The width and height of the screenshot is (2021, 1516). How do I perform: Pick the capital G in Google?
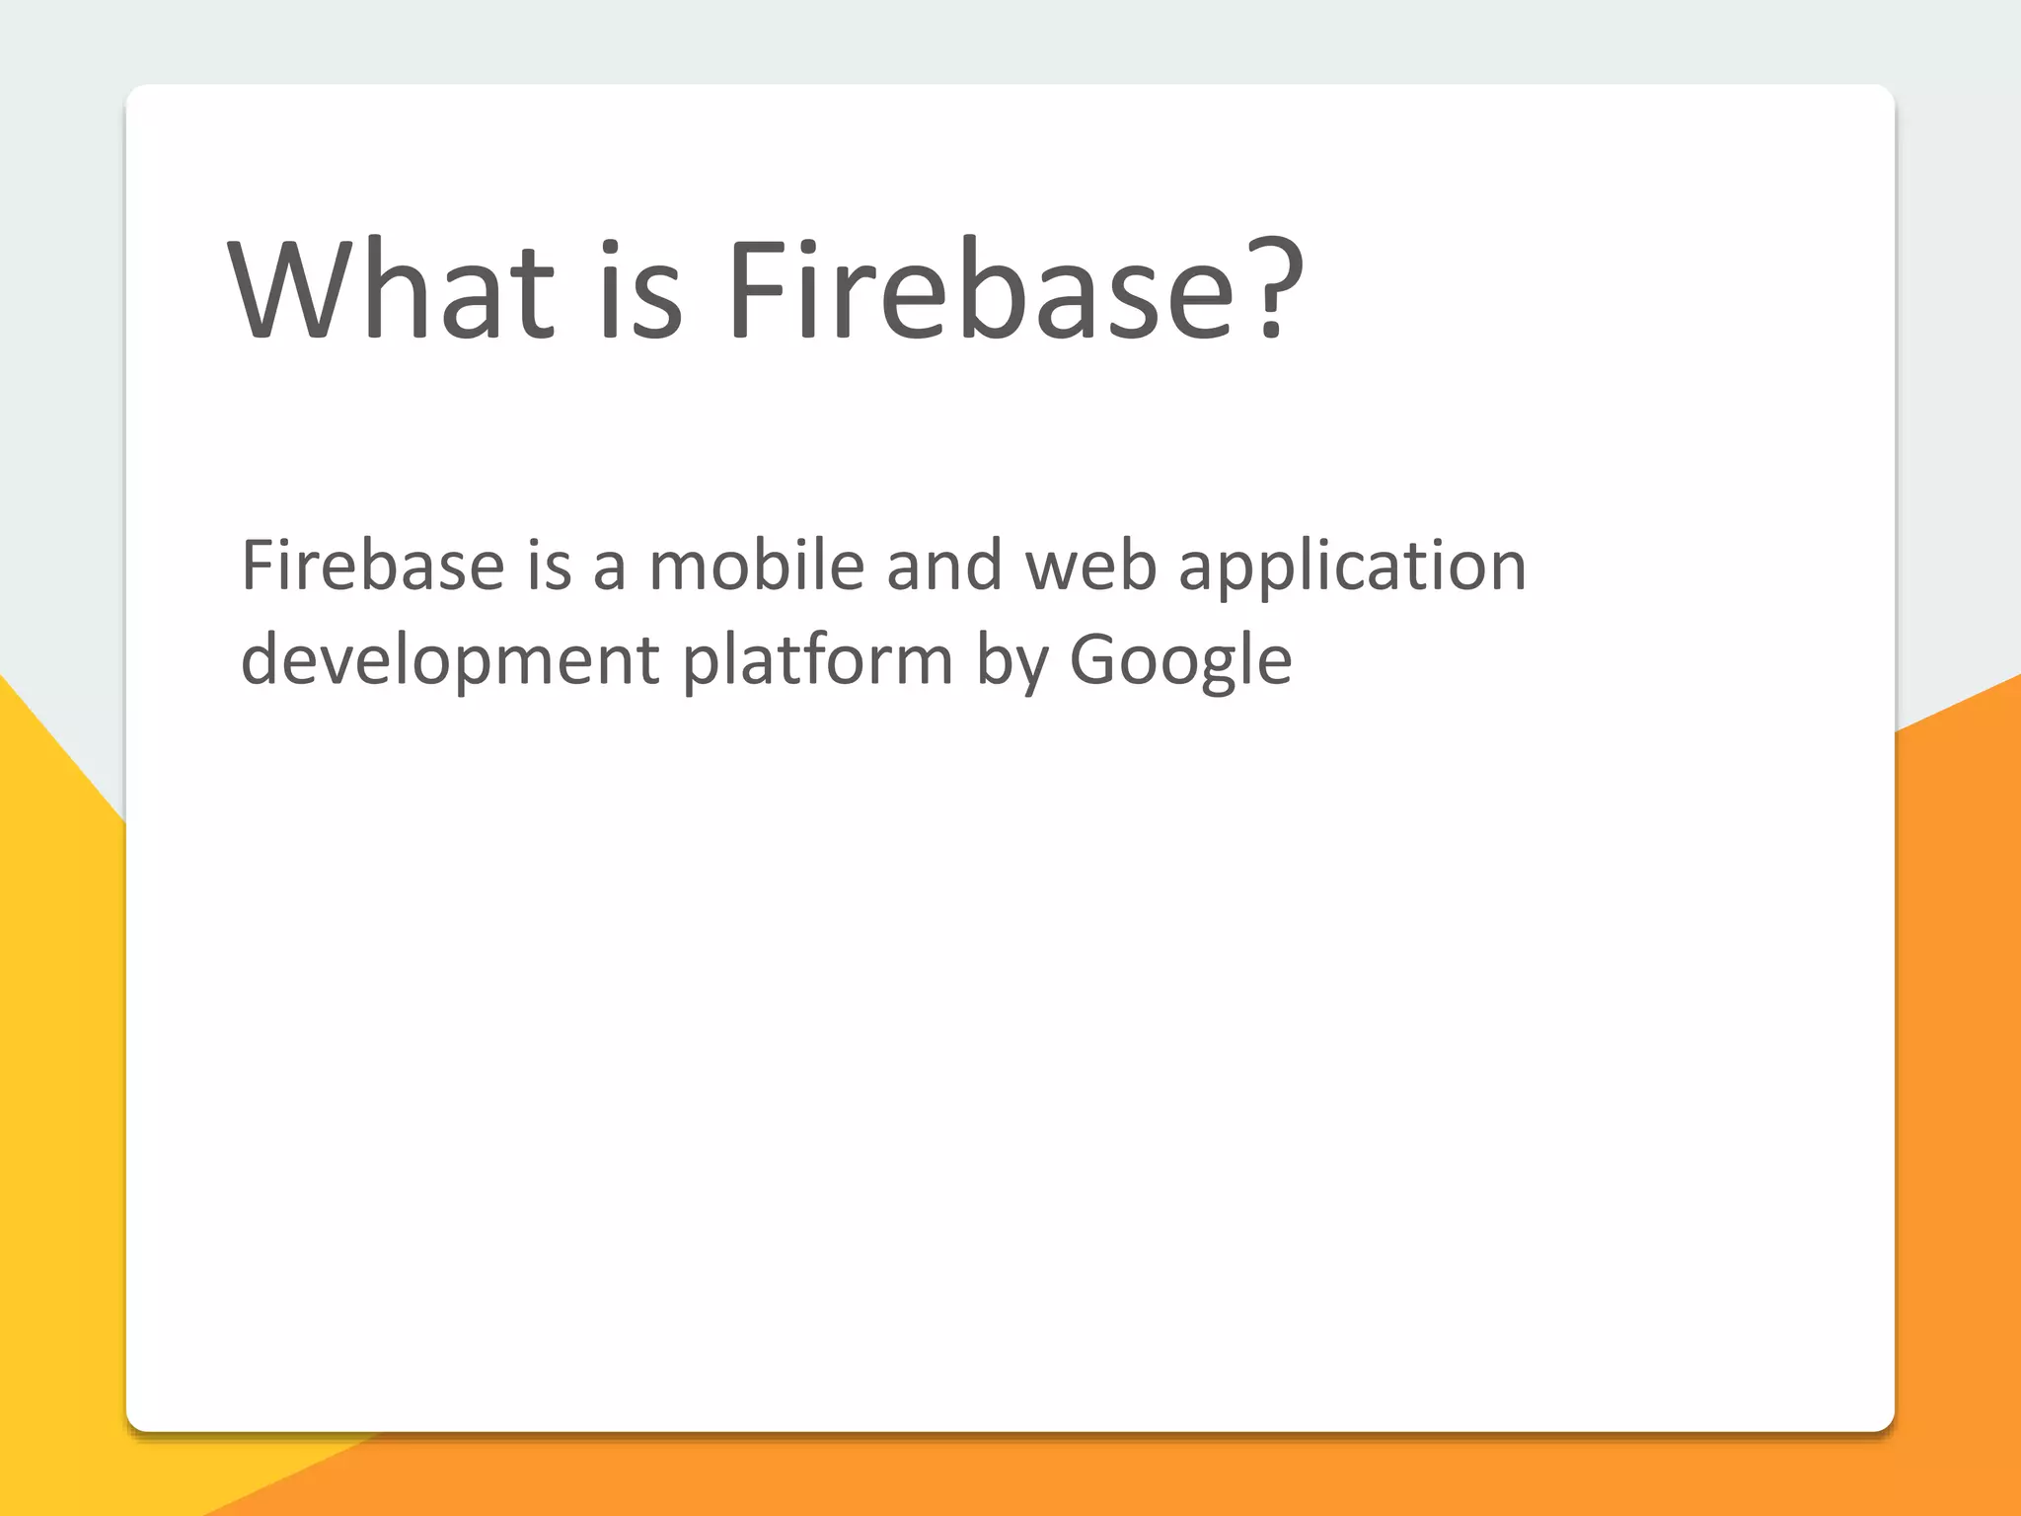[x=1096, y=659]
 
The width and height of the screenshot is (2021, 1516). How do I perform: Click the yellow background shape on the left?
[x=59, y=1086]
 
